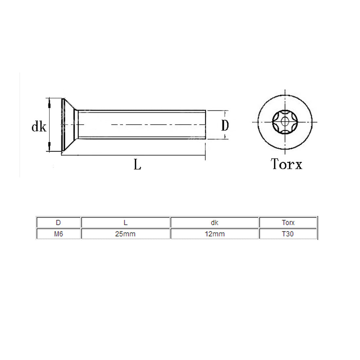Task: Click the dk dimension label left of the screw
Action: coord(39,126)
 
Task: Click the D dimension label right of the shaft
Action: coord(225,125)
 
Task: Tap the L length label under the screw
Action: coord(137,164)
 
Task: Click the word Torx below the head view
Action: coord(287,164)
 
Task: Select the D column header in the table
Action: coord(58,223)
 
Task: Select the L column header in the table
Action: coord(125,223)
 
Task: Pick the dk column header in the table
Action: coord(214,223)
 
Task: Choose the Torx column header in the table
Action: coord(288,223)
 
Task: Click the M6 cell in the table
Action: coord(58,234)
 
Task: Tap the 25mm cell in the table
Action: coord(125,234)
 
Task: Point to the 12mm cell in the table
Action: coord(214,234)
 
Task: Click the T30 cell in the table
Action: coord(288,234)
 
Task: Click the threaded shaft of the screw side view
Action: coord(141,125)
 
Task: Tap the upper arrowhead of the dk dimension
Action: coord(49,104)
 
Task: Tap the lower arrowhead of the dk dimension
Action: coord(49,145)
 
